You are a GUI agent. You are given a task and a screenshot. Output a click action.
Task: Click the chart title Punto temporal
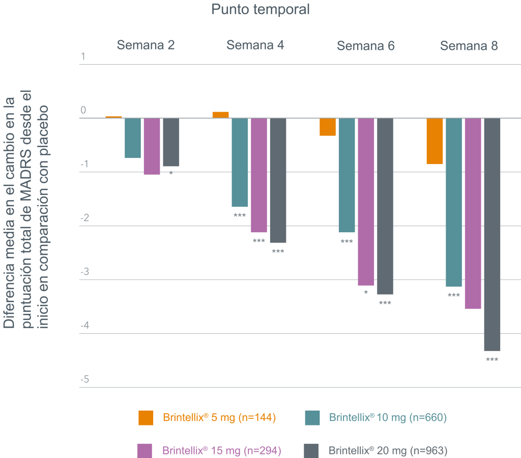pos(260,10)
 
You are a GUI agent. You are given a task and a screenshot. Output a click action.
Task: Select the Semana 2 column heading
pos(146,45)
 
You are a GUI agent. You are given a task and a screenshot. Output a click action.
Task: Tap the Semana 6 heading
pos(365,46)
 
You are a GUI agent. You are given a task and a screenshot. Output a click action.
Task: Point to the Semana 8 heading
pos(469,46)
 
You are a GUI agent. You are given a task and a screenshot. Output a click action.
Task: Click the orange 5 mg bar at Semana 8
pos(435,141)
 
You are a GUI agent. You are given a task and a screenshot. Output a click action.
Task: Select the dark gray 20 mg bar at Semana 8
pos(492,234)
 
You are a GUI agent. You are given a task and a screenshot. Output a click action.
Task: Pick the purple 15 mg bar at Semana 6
pos(366,202)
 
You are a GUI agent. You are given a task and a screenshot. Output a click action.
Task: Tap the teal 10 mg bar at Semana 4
pos(240,162)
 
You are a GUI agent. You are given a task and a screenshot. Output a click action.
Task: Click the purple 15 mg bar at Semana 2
pos(152,147)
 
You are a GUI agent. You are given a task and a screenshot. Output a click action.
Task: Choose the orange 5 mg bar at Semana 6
pos(328,127)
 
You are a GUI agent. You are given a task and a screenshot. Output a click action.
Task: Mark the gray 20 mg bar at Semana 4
pos(278,180)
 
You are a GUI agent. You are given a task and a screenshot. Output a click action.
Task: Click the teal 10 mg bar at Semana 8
pos(454,202)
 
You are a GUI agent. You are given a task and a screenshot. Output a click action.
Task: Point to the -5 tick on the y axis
pos(84,380)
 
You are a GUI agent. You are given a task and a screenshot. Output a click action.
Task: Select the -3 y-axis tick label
pos(84,272)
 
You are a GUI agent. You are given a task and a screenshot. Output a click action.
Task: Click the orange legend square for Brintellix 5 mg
pos(146,418)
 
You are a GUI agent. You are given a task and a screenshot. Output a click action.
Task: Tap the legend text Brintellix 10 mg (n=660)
pos(388,418)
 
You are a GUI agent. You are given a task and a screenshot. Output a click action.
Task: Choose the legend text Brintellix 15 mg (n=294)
pos(221,450)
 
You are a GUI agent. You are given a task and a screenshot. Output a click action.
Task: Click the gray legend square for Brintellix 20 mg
pos(311,450)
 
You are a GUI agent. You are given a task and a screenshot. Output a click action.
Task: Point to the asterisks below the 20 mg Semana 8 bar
pos(492,360)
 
